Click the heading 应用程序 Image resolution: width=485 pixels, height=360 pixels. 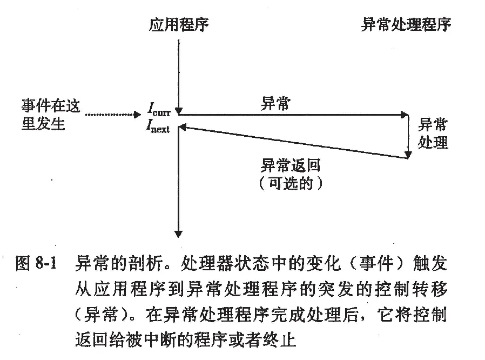178,25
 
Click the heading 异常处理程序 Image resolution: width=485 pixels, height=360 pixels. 406,25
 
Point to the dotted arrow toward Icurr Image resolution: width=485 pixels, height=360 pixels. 113,115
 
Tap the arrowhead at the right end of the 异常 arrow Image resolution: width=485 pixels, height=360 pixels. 405,115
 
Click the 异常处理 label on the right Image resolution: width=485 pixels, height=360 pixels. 433,134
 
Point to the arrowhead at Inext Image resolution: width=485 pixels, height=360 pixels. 182,127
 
